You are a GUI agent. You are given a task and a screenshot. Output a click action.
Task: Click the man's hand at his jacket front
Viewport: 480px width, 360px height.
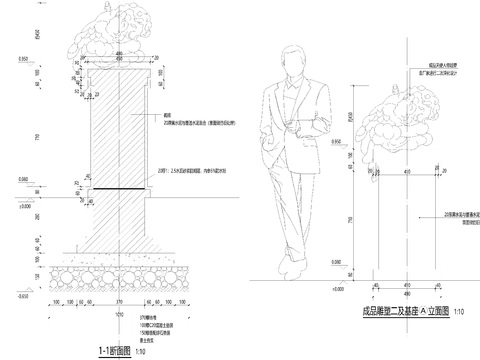(298, 125)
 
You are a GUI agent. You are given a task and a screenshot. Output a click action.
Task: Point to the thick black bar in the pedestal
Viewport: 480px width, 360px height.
(118, 187)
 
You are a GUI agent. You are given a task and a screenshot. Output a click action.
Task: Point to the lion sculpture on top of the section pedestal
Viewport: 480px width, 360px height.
(118, 35)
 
